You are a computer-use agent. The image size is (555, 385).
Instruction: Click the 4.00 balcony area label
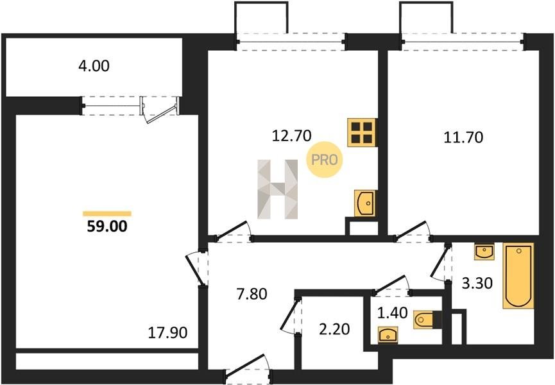click(x=94, y=66)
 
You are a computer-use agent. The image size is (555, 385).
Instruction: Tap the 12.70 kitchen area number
click(x=292, y=135)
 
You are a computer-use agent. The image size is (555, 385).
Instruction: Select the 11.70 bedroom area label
click(x=463, y=137)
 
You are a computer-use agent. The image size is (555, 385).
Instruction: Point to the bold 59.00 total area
click(x=107, y=226)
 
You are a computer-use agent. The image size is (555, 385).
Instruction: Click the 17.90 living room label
click(x=167, y=332)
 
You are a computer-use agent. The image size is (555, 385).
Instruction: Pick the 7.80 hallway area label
click(x=252, y=294)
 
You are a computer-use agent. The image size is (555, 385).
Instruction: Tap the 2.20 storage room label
click(x=334, y=329)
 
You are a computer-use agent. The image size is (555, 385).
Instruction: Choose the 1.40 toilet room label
click(x=393, y=313)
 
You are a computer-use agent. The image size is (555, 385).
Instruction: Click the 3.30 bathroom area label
click(x=477, y=283)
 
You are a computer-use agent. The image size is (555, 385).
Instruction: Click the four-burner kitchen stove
click(x=361, y=132)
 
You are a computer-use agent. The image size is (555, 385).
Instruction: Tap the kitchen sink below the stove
click(x=365, y=203)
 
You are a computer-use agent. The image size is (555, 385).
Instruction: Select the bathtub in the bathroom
click(x=518, y=276)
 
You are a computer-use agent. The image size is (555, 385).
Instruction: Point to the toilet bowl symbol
click(x=423, y=320)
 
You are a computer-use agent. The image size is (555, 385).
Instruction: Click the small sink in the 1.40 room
click(x=388, y=335)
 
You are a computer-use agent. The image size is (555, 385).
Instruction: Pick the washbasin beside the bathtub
click(x=484, y=252)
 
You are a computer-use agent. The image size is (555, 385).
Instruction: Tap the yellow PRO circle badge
click(x=324, y=160)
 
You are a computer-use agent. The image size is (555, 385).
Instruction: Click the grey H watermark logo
click(x=277, y=189)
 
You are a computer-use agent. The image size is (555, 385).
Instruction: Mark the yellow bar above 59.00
click(x=107, y=214)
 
